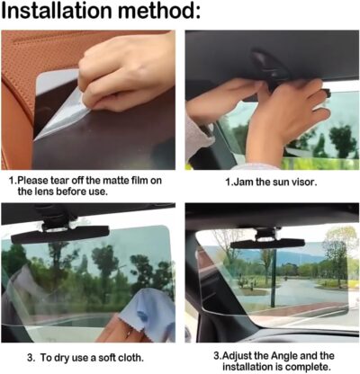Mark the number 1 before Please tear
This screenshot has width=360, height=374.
pos(13,180)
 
